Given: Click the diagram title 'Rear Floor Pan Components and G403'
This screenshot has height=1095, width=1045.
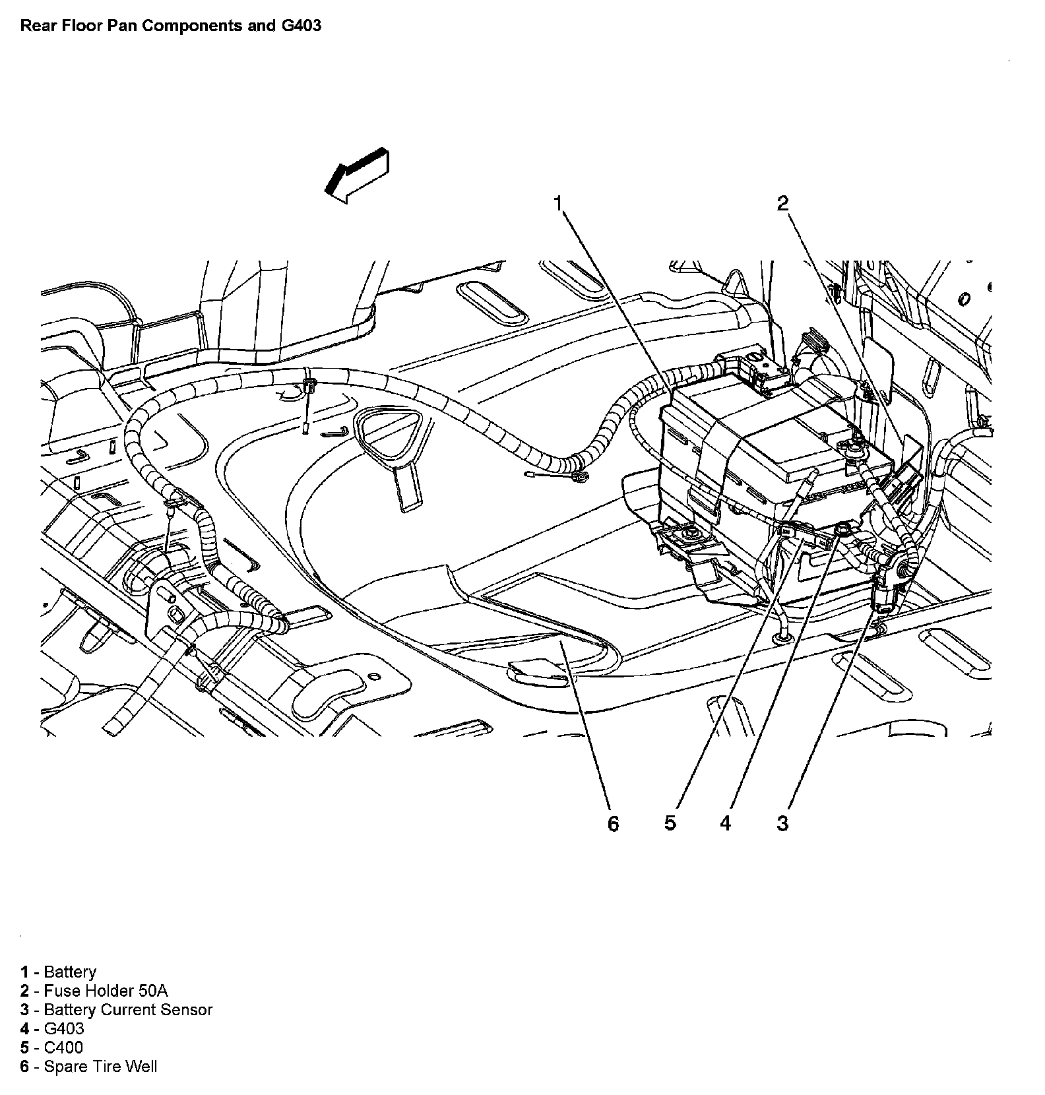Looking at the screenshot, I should tap(171, 26).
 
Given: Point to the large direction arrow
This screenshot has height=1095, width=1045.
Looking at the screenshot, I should tap(357, 175).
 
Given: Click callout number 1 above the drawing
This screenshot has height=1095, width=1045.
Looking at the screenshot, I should tap(558, 203).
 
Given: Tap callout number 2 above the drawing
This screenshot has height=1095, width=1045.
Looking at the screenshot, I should tap(782, 203).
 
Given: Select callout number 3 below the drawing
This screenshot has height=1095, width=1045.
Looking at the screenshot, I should tap(782, 823).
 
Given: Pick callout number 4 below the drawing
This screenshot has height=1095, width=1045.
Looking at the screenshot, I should tap(725, 823).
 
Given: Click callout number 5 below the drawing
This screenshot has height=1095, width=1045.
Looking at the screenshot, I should tap(670, 823).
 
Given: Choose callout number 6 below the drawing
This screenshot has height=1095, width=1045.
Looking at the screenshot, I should tap(613, 823).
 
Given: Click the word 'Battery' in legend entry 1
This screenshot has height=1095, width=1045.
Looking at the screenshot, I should tap(70, 972).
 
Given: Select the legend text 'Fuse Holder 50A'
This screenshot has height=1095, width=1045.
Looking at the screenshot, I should tap(106, 991).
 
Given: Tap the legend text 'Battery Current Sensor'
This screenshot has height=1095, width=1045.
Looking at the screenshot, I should tap(128, 1010).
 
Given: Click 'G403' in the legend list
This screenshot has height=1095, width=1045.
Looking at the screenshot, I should tap(64, 1028).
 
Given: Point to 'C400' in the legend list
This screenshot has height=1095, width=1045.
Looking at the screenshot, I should tap(63, 1048).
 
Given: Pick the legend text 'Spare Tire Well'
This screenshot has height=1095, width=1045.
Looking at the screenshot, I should tap(100, 1067).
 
